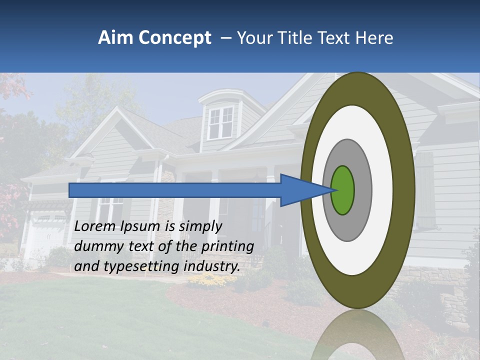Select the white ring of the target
click(x=382, y=190)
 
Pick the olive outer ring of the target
click(x=405, y=190)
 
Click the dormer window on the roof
click(x=220, y=122)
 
